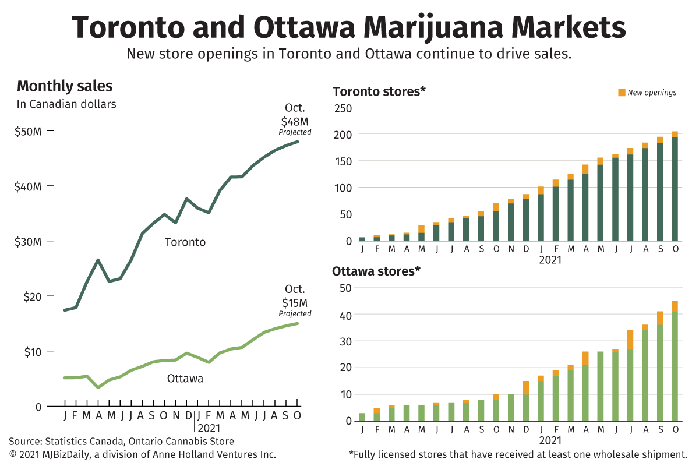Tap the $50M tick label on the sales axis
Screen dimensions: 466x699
click(x=28, y=132)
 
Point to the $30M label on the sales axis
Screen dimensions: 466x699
click(x=28, y=242)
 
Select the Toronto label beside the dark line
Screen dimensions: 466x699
click(x=185, y=242)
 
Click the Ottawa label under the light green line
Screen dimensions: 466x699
click(x=185, y=379)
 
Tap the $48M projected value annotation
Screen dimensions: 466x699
click(x=295, y=122)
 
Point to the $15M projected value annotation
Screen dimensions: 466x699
click(x=295, y=303)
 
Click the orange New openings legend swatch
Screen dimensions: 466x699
click(x=622, y=93)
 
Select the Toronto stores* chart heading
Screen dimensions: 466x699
click(x=379, y=91)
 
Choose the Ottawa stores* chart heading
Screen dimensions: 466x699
click(x=376, y=271)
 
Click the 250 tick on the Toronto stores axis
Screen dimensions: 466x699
click(x=343, y=108)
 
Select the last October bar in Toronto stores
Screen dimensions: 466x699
click(x=675, y=186)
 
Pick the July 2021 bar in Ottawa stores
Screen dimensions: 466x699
click(x=630, y=379)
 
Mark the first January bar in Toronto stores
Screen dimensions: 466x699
click(x=362, y=239)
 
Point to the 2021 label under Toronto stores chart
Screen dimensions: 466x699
click(x=550, y=260)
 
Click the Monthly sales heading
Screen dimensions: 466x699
click(x=65, y=87)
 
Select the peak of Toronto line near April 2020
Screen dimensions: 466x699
click(x=98, y=260)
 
